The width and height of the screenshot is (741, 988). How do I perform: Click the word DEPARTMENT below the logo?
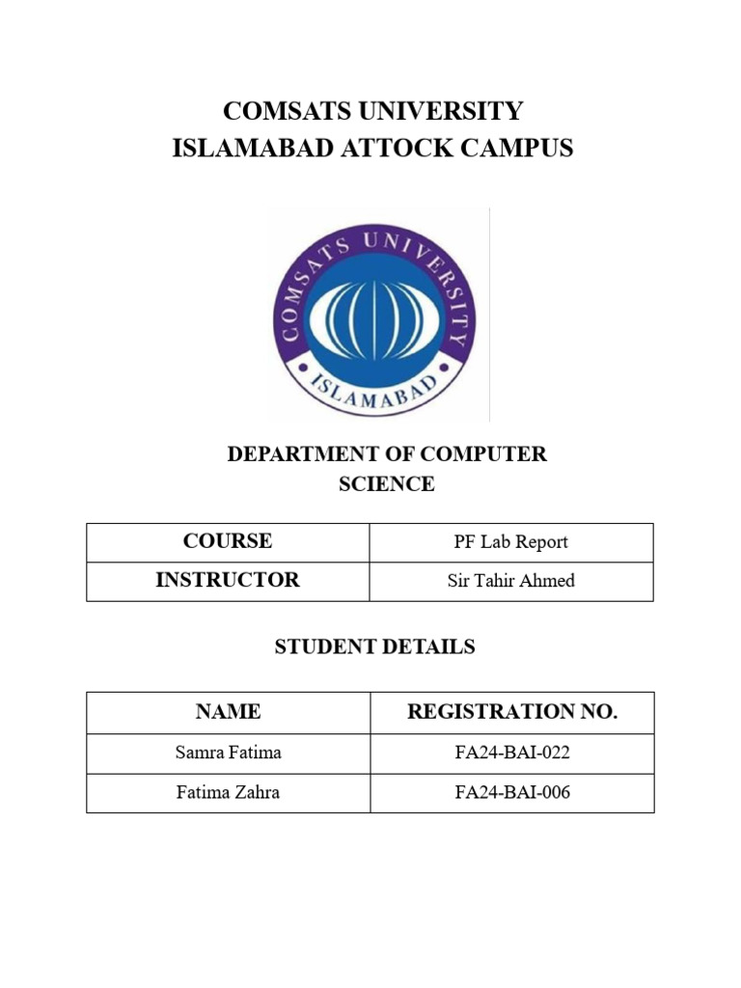pyautogui.click(x=303, y=453)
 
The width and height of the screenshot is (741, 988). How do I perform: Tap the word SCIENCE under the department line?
pyautogui.click(x=386, y=484)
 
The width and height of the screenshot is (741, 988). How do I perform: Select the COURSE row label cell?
pyautogui.click(x=228, y=541)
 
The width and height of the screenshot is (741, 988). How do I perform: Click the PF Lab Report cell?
pyautogui.click(x=511, y=542)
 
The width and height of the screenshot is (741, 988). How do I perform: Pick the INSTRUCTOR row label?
pyautogui.click(x=228, y=580)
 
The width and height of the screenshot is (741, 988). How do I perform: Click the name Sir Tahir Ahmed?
pyautogui.click(x=511, y=581)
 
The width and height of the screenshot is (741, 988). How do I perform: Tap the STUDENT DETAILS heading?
pyautogui.click(x=374, y=646)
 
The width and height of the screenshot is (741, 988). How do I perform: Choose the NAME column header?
pyautogui.click(x=228, y=712)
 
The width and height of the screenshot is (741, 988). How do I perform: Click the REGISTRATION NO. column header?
pyautogui.click(x=511, y=712)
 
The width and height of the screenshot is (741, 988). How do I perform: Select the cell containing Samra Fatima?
pyautogui.click(x=228, y=754)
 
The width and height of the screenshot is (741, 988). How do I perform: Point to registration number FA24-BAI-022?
pyautogui.click(x=511, y=754)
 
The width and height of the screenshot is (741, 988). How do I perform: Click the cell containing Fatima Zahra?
pyautogui.click(x=228, y=793)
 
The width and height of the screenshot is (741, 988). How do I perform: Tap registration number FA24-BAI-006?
pyautogui.click(x=511, y=793)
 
